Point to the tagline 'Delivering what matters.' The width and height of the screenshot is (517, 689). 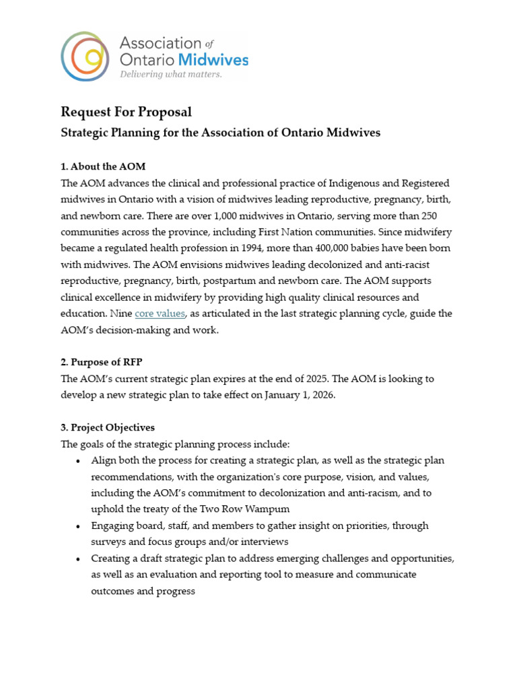(x=170, y=74)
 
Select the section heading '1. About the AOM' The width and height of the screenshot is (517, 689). (x=103, y=166)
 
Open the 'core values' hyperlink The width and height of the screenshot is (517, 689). (x=160, y=314)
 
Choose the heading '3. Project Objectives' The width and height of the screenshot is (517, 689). (x=108, y=427)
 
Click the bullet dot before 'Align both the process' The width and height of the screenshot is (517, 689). (x=79, y=461)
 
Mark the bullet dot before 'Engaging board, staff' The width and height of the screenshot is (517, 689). (x=79, y=526)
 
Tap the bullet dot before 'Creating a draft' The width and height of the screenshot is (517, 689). (x=79, y=559)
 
